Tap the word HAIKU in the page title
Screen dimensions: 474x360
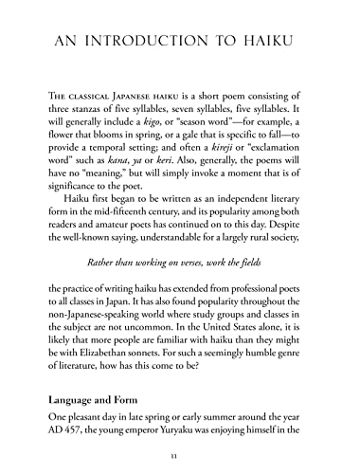point(285,41)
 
